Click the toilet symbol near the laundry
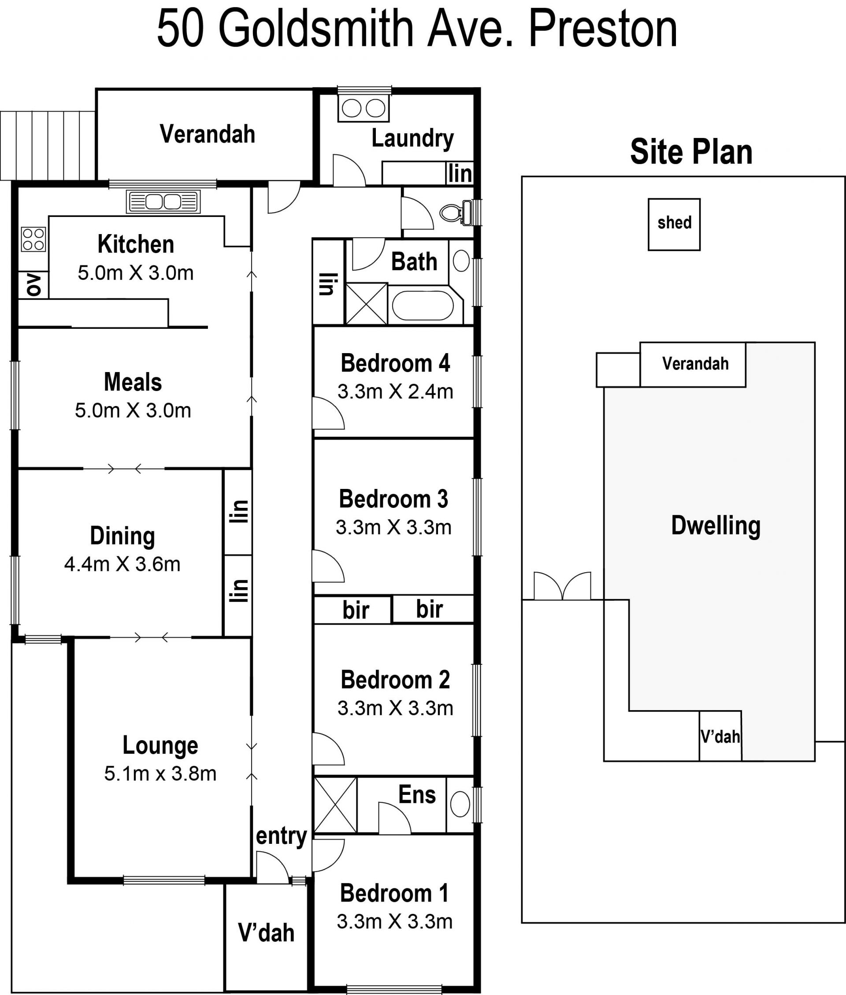point(456,212)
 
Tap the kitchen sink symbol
point(163,201)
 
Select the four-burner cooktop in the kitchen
point(33,239)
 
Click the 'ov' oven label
point(33,284)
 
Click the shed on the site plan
point(674,224)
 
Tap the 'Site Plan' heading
point(691,152)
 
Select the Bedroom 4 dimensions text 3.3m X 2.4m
point(395,392)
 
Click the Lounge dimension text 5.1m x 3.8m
point(160,773)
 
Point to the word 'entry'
point(282,836)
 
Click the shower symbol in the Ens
point(335,805)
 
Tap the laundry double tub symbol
point(363,108)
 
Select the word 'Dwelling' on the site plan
point(716,526)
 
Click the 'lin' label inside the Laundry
point(460,173)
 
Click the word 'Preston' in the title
point(602,29)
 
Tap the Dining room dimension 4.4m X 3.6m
point(122,564)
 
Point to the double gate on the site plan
point(562,586)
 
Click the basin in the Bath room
point(461,261)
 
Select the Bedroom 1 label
point(394,893)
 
